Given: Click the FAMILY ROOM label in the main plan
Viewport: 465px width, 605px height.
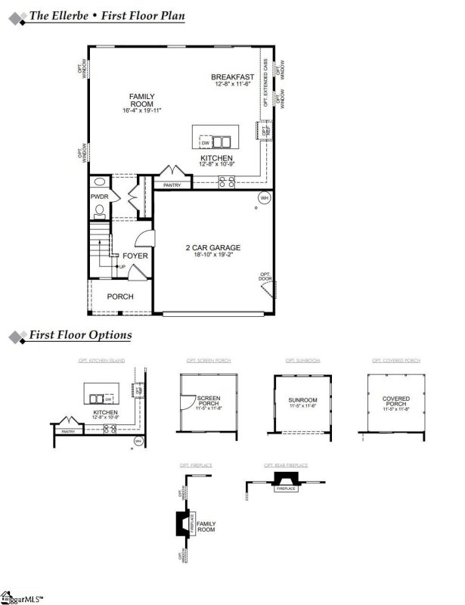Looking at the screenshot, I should [x=141, y=100].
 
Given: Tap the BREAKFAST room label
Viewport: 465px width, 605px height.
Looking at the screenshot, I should [x=232, y=77].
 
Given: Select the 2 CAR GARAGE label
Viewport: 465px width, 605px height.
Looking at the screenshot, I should [x=213, y=247].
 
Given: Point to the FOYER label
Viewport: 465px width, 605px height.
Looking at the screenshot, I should [x=135, y=256].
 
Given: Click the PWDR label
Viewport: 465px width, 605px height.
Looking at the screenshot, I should [x=100, y=197].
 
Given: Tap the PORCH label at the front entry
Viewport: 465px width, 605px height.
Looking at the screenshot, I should [x=120, y=296].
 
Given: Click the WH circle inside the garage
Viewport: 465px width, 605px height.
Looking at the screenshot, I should [x=264, y=198].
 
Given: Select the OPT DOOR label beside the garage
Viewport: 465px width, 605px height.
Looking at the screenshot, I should [x=265, y=277].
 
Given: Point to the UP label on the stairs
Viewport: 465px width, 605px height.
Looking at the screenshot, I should [x=122, y=267].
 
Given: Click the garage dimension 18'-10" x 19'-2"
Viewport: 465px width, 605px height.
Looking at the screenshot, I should [x=213, y=256].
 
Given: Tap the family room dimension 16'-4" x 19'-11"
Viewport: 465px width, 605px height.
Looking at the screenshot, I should [x=141, y=111].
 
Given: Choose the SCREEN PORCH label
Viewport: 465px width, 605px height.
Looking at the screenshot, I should [x=208, y=401].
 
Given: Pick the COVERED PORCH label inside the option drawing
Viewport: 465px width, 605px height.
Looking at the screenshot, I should [x=396, y=401].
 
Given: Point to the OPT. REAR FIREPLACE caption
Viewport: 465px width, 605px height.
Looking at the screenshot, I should [x=285, y=464].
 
